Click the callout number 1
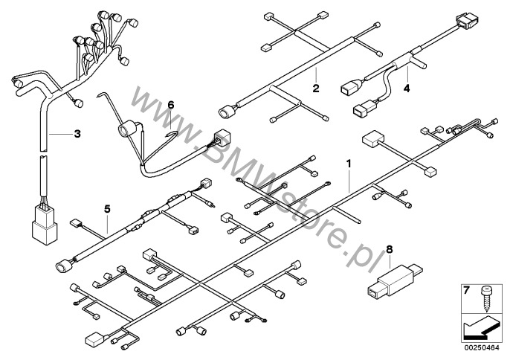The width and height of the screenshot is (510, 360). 349,164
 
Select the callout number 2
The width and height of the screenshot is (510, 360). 316,89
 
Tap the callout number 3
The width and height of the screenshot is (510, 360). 77,133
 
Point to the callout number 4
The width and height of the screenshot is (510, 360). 407,89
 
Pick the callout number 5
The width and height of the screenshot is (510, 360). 107,209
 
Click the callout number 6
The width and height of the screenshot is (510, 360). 171,105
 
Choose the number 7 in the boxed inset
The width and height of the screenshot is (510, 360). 466,290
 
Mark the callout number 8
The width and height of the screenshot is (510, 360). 390,249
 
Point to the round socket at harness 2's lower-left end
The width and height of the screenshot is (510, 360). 225,112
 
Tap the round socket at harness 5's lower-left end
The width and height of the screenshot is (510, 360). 64,266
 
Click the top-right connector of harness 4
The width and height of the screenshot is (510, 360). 468,21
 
